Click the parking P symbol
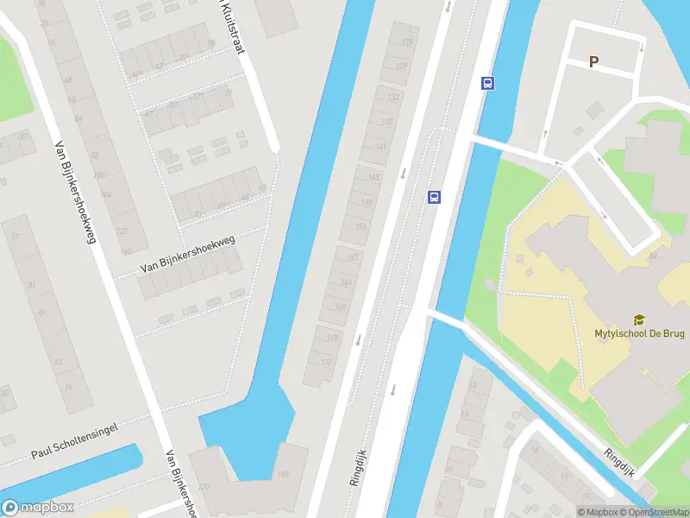(x=593, y=61)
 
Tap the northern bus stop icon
(x=487, y=84)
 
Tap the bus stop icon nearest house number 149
(x=434, y=197)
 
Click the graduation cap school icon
(x=639, y=320)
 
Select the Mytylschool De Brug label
(x=638, y=334)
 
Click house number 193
(x=284, y=476)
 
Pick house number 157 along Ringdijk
(x=350, y=257)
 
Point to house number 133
(x=394, y=97)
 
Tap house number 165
(x=340, y=306)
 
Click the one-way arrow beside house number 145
(x=403, y=172)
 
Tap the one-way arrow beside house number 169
(x=357, y=339)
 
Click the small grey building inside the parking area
(x=594, y=110)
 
